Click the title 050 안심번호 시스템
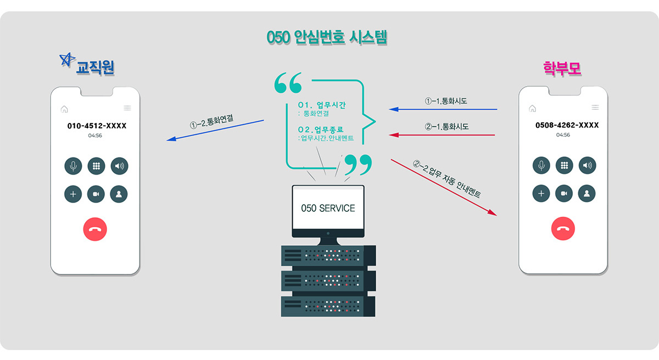tap(327, 38)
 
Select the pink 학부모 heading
tap(562, 68)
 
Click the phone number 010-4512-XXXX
tap(97, 126)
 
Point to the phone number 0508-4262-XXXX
tap(567, 125)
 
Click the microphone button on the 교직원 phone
tap(73, 165)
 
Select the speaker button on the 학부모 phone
tap(587, 165)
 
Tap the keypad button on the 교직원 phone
tap(96, 165)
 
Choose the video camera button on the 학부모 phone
tap(564, 193)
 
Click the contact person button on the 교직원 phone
tap(119, 194)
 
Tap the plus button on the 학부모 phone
tap(541, 193)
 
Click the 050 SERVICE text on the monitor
tap(328, 209)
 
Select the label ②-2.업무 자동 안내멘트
tap(447, 179)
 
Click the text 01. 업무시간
tap(322, 105)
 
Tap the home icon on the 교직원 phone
tap(64, 109)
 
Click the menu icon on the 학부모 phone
tap(595, 108)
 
